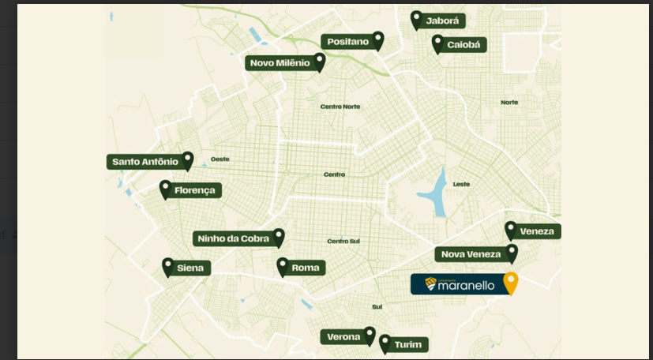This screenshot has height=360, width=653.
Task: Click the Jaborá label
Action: [x=442, y=21]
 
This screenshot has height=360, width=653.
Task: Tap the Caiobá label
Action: [x=463, y=45]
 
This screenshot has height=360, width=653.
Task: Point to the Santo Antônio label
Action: [x=145, y=162]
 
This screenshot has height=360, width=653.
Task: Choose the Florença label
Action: [x=194, y=190]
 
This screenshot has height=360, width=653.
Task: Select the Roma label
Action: [x=306, y=268]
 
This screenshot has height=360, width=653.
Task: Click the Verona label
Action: [x=344, y=337]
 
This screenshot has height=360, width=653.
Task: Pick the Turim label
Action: [x=408, y=345]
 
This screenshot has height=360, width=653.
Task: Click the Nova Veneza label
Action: [x=471, y=254]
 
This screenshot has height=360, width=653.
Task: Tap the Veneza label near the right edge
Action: [x=539, y=231]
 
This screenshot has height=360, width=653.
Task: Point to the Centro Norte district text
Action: [x=340, y=107]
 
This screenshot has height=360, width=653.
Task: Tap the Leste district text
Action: [x=461, y=184]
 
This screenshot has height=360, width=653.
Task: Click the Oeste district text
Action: [x=220, y=159]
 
